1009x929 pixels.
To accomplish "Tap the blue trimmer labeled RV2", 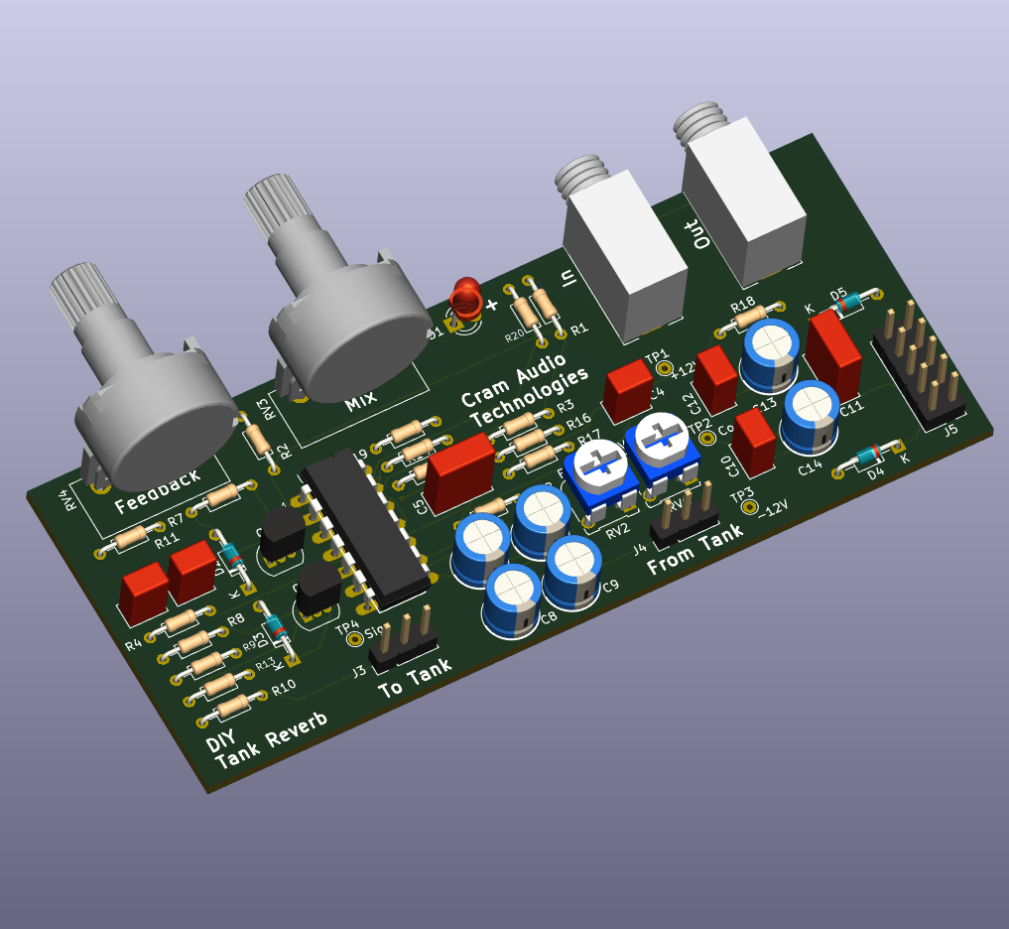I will point(601,473).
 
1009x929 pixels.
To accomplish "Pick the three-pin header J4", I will point(686,510).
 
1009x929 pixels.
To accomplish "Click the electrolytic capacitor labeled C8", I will point(513,595).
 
